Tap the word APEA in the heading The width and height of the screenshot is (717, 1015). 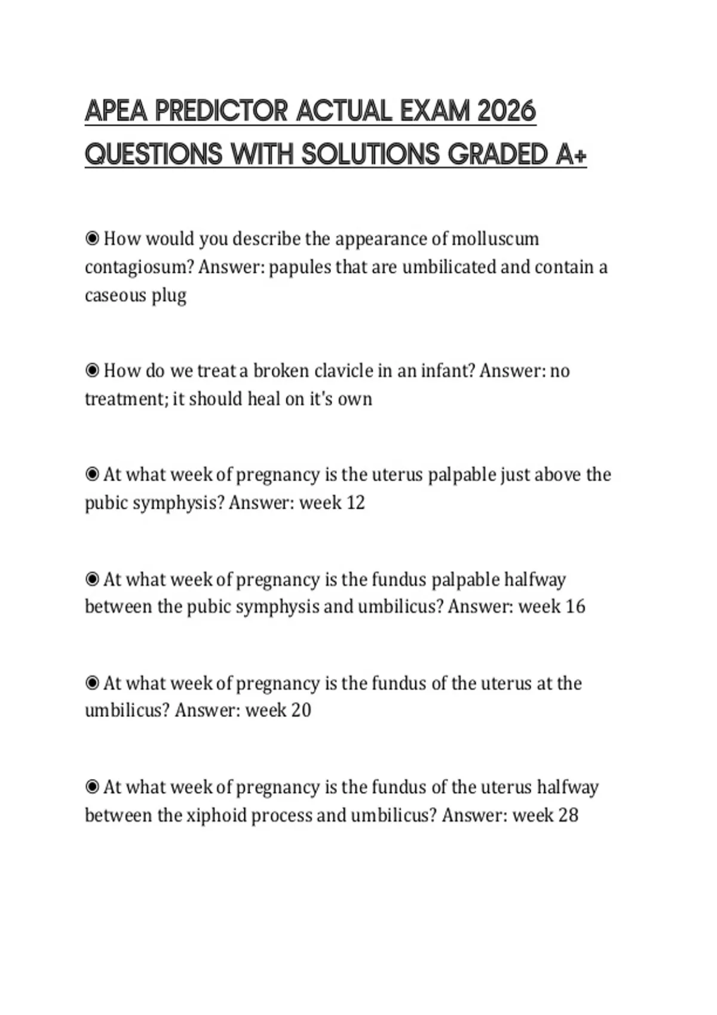point(115,111)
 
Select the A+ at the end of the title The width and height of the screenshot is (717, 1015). point(571,154)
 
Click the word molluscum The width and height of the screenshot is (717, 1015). point(495,239)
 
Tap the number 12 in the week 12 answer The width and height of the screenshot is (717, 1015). point(356,503)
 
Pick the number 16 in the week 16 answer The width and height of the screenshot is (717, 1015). point(575,607)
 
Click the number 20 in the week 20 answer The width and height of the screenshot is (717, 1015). point(301,710)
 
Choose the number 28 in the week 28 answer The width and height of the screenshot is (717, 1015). point(568,815)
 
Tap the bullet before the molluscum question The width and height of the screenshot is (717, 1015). point(92,239)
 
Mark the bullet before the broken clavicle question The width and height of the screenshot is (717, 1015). point(92,371)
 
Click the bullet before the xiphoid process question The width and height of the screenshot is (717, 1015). point(92,787)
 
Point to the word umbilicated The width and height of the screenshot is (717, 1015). point(449,267)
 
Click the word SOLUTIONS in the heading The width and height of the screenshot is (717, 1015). point(370,154)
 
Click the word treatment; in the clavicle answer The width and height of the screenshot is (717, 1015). point(127,399)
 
